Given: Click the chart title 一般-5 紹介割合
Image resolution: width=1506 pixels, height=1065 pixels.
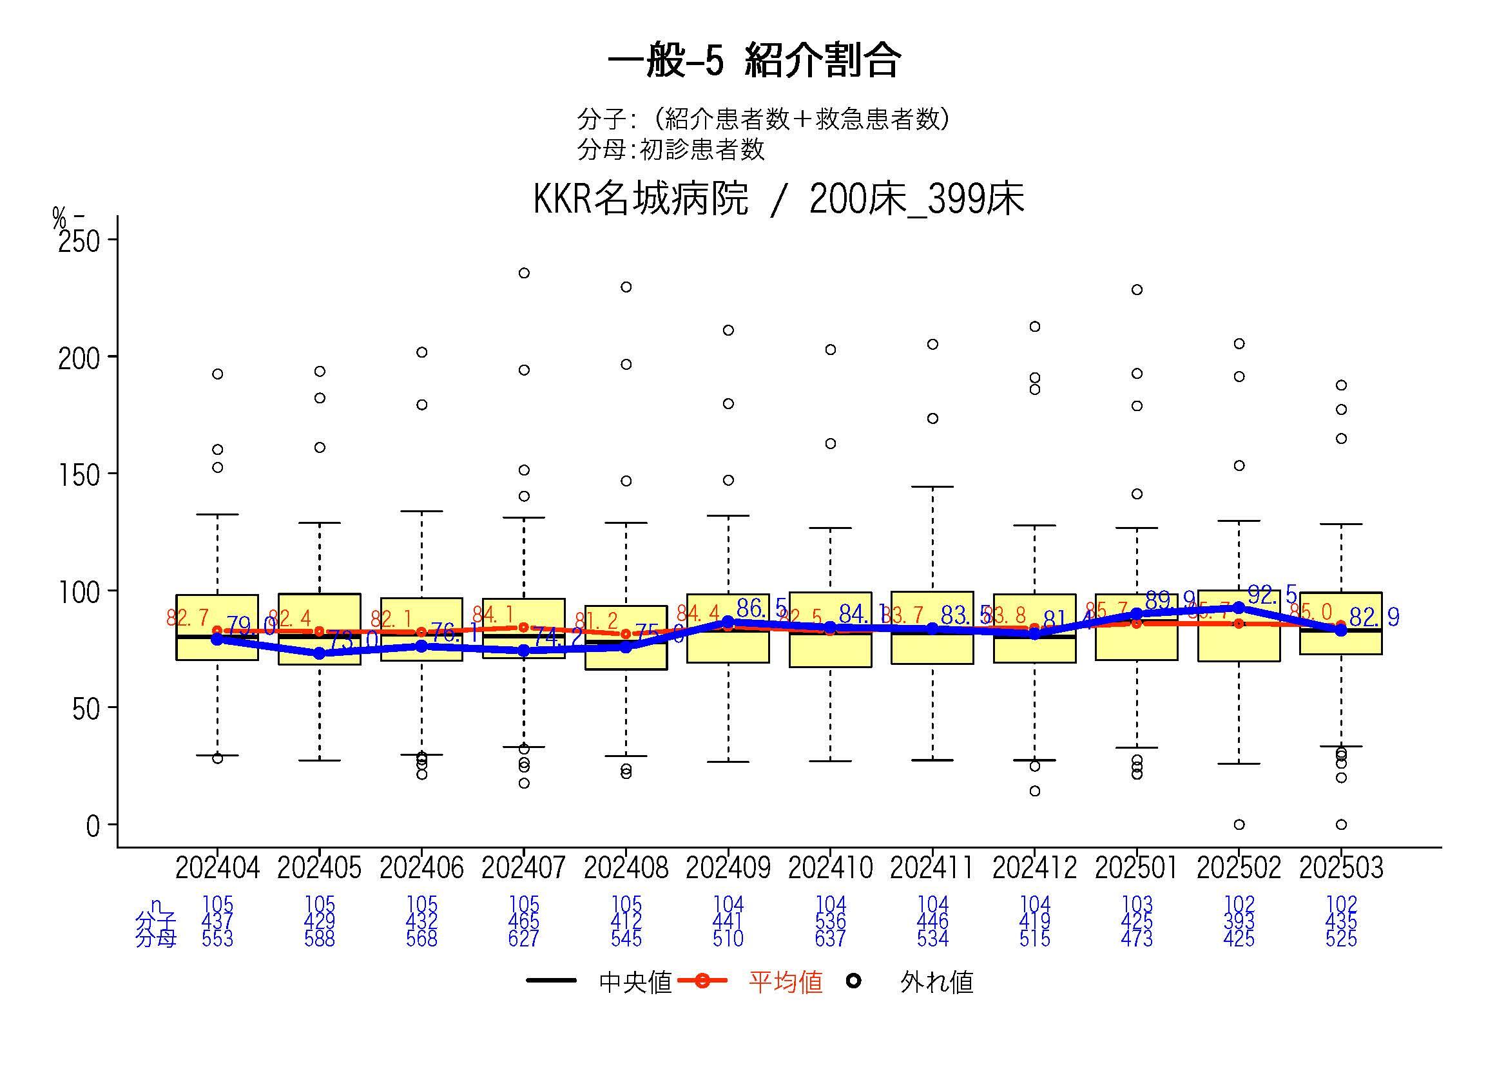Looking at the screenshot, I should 754,61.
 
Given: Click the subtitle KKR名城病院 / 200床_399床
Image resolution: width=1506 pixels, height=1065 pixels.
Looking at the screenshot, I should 778,198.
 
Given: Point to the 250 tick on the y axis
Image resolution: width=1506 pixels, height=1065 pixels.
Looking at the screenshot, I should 79,242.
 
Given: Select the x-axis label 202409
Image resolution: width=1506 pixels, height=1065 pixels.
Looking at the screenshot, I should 728,868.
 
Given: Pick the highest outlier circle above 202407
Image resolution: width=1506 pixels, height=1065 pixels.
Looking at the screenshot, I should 524,273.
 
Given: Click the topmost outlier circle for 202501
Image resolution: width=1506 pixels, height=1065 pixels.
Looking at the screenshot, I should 1137,290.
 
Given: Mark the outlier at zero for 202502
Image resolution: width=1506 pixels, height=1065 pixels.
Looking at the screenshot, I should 1239,824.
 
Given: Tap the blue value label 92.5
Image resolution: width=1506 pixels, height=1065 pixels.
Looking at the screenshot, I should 1272,595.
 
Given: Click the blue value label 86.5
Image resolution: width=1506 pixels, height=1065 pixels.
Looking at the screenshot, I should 761,608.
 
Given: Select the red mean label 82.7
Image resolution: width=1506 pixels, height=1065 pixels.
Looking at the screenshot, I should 188,618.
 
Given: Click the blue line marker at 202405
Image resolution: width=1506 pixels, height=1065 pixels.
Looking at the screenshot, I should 320,653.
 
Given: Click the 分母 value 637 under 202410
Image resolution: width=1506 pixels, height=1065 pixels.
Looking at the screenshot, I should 831,939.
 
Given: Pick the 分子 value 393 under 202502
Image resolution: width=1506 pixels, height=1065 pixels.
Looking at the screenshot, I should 1239,922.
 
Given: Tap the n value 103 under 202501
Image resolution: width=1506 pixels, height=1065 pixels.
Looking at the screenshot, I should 1137,905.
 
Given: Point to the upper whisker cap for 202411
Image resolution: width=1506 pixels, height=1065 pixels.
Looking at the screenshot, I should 932,487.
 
